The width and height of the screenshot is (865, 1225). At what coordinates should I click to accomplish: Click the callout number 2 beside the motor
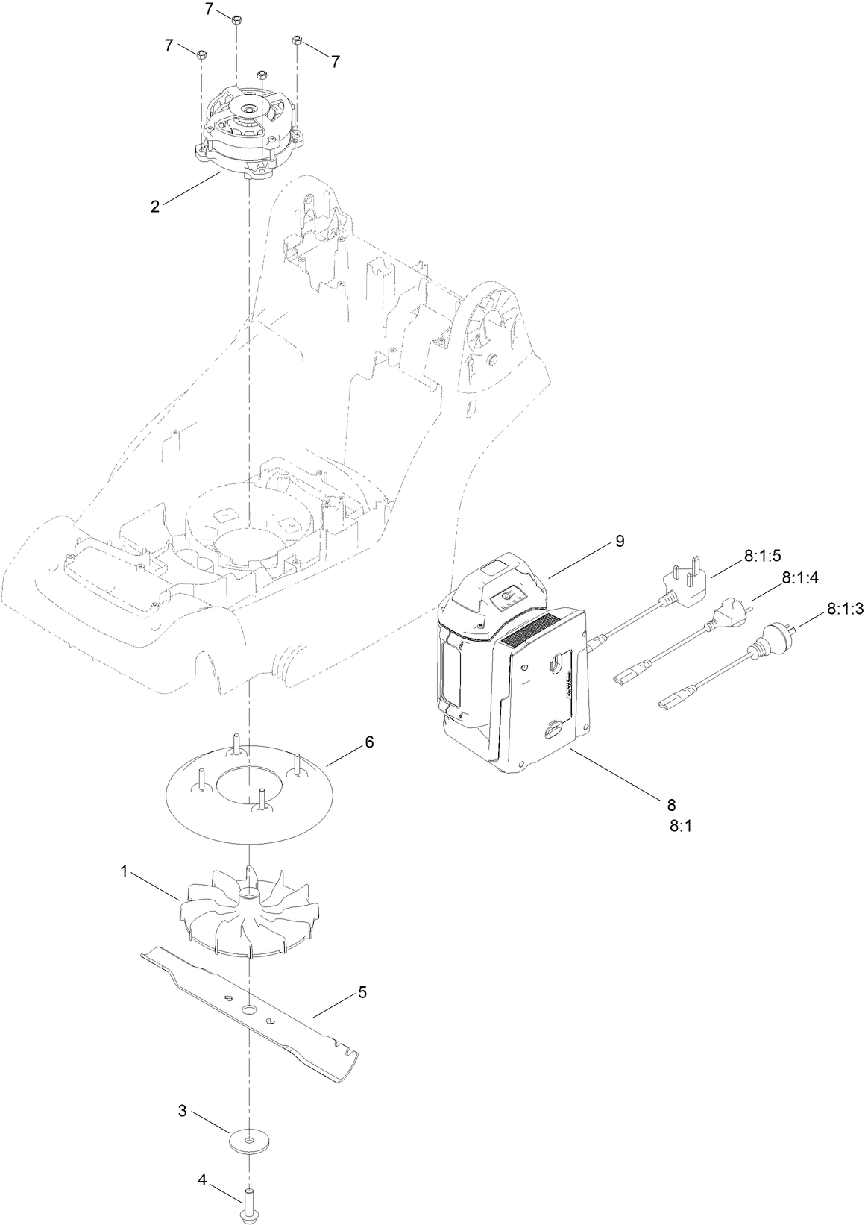[154, 207]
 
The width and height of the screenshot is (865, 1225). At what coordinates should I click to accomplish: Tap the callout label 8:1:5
[761, 556]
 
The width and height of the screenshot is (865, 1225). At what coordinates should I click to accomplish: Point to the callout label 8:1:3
[844, 610]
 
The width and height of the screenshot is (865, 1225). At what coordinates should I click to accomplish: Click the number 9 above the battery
[619, 542]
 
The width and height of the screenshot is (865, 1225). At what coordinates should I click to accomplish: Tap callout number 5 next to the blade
[362, 992]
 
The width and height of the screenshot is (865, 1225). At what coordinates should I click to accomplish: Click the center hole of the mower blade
[248, 1009]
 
